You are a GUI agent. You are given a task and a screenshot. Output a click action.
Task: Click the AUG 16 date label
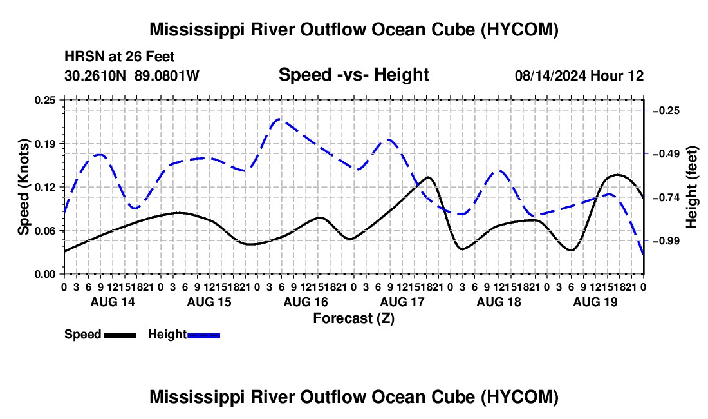click(x=306, y=302)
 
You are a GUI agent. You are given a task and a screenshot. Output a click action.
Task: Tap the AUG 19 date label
click(x=595, y=302)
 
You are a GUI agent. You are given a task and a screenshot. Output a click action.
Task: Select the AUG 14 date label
click(x=113, y=302)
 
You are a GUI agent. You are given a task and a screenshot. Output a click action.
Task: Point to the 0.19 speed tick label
click(x=45, y=144)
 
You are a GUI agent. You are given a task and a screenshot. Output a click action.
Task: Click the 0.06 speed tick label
click(x=45, y=231)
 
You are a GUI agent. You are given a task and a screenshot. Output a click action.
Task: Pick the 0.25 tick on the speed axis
click(x=45, y=100)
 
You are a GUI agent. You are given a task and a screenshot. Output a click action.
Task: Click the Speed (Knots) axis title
click(x=23, y=187)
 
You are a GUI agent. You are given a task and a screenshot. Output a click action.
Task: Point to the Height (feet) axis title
click(x=691, y=187)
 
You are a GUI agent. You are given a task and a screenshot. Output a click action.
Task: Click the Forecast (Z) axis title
click(x=354, y=318)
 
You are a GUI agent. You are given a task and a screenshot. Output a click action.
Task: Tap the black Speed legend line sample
click(x=120, y=335)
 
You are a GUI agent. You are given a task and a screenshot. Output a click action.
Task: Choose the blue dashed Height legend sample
click(x=203, y=335)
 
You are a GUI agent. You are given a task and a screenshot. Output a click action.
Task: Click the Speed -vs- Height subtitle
click(x=353, y=75)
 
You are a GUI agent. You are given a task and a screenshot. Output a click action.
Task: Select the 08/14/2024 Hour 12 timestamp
click(x=579, y=75)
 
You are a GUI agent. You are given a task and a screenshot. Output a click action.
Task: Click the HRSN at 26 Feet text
click(x=119, y=57)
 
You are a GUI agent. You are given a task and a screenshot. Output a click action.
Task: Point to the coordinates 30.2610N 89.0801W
click(x=132, y=75)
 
